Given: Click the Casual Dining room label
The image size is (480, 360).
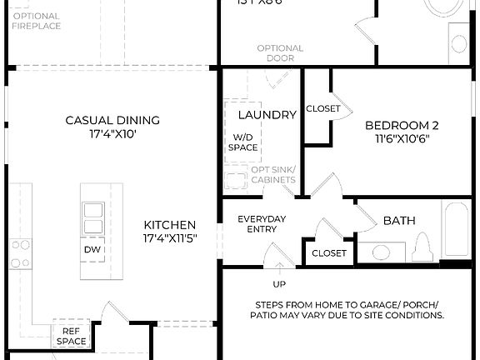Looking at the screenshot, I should point(112,120).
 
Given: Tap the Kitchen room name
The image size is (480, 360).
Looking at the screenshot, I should point(170,225).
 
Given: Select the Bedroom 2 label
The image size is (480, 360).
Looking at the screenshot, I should point(402,126).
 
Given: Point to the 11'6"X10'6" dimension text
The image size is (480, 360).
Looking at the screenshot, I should point(402,140).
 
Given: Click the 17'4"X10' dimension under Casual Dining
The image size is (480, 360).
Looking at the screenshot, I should point(112,133).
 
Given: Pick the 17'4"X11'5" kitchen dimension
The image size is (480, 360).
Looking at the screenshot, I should point(170,238).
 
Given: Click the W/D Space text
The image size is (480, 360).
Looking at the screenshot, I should point(242,142).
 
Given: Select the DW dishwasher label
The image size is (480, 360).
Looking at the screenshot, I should point(92,249).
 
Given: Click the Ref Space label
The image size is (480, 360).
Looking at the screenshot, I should point(72,336).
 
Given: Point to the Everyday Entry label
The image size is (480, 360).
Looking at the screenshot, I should point(262,224).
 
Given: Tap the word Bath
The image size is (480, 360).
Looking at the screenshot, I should point(398,221).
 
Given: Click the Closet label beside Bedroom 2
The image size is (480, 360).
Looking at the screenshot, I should point(323,108).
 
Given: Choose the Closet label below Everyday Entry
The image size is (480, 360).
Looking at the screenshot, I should point(329,253).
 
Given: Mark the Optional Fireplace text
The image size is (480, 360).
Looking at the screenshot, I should point(36,21).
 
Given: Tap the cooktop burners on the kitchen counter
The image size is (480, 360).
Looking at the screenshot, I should point(20,253).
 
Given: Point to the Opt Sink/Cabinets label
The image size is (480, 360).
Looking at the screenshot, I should point(273,174).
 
